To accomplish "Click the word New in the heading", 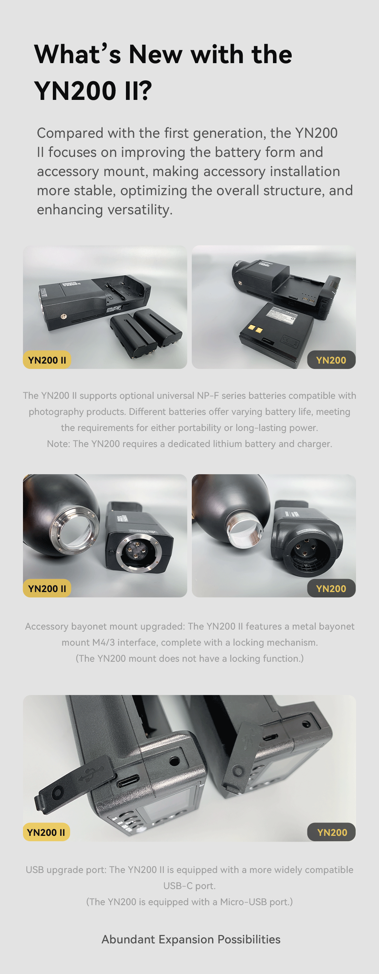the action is click(156, 54).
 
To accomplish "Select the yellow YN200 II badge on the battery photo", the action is click(47, 360).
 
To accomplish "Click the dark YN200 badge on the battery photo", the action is click(331, 360).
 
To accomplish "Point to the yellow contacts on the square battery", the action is click(255, 329).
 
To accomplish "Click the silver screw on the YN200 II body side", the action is click(64, 317).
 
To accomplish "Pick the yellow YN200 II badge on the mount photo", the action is click(47, 589).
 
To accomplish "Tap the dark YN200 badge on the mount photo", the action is click(331, 589).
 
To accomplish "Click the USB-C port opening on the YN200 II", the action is click(128, 781).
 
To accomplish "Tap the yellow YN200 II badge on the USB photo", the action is click(46, 832).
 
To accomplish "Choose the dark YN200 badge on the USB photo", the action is click(332, 832).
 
